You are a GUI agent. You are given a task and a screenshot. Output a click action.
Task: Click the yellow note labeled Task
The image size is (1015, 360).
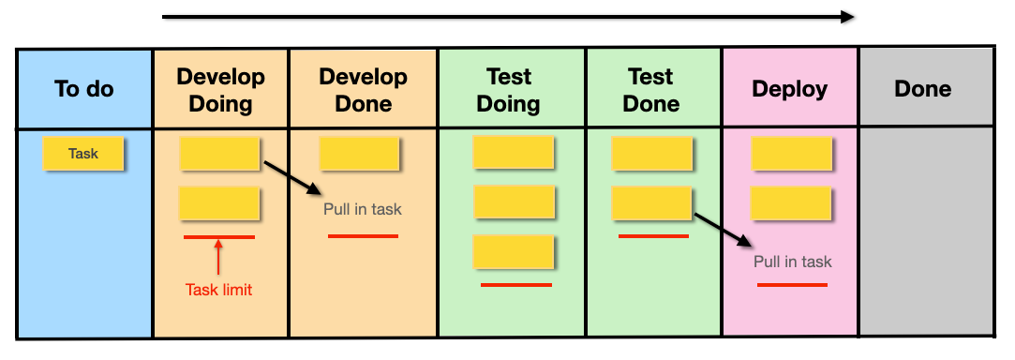83,154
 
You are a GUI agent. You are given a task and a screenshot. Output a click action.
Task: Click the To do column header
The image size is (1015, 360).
84,90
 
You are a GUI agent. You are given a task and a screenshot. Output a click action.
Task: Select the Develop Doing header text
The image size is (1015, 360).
221,90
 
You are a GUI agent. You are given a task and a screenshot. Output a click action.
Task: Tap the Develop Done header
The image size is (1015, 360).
363,90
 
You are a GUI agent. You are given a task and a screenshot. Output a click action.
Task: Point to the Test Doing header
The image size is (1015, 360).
509,90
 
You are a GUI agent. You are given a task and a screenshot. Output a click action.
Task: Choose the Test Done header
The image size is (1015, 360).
651,90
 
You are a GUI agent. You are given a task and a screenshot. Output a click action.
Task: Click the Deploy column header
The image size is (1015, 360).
790,90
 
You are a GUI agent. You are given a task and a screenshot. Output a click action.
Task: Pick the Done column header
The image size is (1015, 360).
922,90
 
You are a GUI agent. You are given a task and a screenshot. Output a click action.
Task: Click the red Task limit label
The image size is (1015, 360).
218,290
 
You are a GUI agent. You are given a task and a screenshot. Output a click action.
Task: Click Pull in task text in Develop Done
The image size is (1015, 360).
363,209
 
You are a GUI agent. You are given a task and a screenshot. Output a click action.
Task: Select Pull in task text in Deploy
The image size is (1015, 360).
793,262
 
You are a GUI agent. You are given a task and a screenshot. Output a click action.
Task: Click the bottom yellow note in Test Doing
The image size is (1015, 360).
513,252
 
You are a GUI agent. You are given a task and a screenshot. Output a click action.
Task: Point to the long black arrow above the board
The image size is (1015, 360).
507,16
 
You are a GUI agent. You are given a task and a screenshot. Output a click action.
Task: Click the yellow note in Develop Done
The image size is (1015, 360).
359,154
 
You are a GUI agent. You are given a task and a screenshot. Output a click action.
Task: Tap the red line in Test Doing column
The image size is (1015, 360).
516,284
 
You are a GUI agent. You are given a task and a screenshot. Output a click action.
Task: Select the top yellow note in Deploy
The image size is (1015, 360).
792,154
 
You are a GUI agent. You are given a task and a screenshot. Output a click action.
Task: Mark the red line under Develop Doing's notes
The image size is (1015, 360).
218,237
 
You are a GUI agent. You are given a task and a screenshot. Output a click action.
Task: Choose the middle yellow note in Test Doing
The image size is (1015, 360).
514,202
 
